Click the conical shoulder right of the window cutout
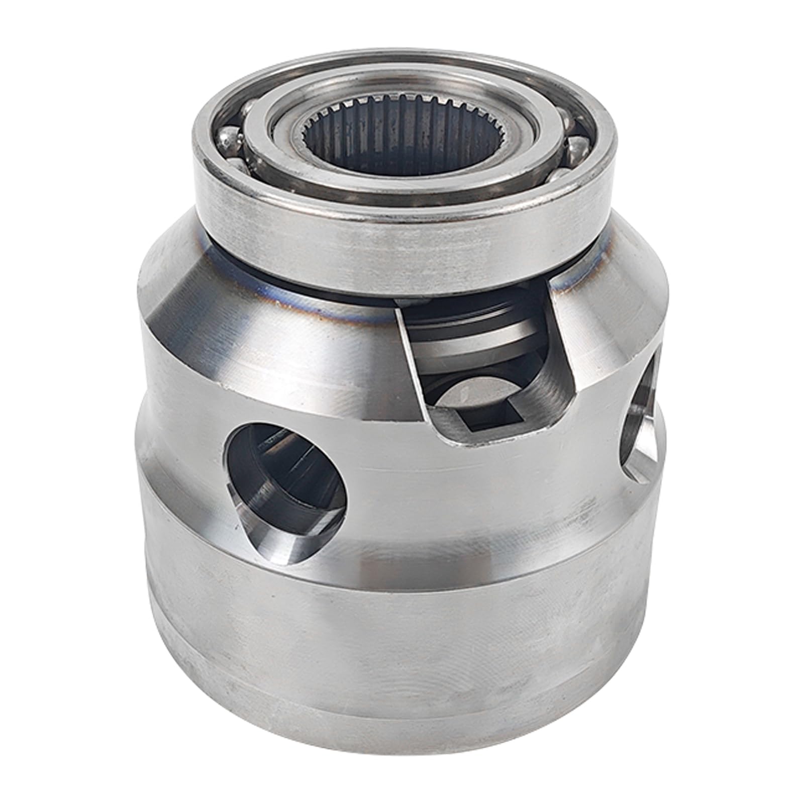click(618, 322)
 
